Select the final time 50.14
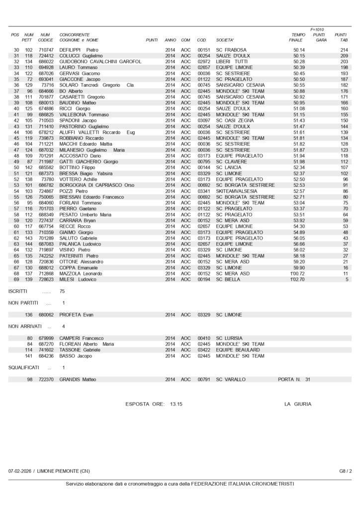coord(299,50)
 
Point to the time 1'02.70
coord(297,279)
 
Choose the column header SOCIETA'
coord(225,40)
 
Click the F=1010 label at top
coord(317,29)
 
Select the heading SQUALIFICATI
coord(24,367)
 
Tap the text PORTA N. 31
coord(294,379)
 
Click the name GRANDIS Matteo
coord(78,379)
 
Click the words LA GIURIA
coord(298,404)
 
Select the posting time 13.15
coord(176,404)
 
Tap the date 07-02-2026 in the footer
coord(21,471)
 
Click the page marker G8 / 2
coord(346,471)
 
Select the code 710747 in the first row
coord(46,50)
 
